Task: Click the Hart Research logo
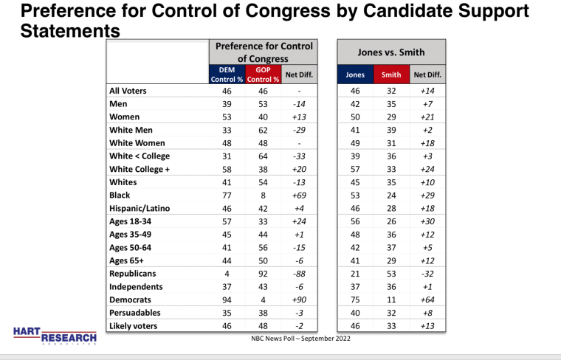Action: coord(55,336)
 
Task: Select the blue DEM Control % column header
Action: coord(227,75)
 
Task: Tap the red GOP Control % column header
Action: coord(263,75)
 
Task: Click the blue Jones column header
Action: coord(355,75)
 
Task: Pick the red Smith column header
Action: coord(391,75)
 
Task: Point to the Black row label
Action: coord(120,195)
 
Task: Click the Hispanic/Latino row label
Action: coord(140,208)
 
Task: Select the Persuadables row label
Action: coord(135,313)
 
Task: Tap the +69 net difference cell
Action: coord(299,195)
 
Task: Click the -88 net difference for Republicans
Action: coord(299,274)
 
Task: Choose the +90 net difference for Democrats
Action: coord(299,300)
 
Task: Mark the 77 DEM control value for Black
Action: coord(227,195)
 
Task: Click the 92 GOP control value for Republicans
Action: coord(263,274)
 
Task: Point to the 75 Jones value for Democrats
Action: coord(355,300)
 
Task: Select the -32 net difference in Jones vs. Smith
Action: coord(427,274)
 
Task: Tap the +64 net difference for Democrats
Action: coord(427,300)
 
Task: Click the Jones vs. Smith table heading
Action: coord(391,52)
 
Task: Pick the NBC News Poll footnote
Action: coord(301,338)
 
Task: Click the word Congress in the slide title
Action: coord(288,11)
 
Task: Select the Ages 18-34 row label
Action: coord(130,221)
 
